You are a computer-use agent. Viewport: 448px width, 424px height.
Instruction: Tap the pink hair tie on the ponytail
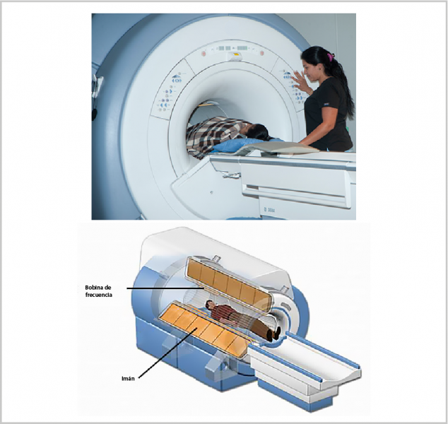click(331, 57)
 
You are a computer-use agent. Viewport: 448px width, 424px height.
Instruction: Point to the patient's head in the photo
click(257, 132)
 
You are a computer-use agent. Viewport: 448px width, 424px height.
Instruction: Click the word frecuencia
click(98, 295)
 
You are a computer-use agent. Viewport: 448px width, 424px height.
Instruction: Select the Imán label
click(128, 379)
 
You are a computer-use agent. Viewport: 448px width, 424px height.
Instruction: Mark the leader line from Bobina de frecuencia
click(165, 288)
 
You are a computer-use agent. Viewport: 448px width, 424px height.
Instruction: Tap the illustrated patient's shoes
click(274, 334)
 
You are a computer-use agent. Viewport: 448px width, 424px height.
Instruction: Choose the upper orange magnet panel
click(229, 283)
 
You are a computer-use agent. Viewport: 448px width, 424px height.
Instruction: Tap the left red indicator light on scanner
click(204, 54)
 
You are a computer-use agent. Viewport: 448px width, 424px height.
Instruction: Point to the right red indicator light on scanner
click(261, 53)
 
